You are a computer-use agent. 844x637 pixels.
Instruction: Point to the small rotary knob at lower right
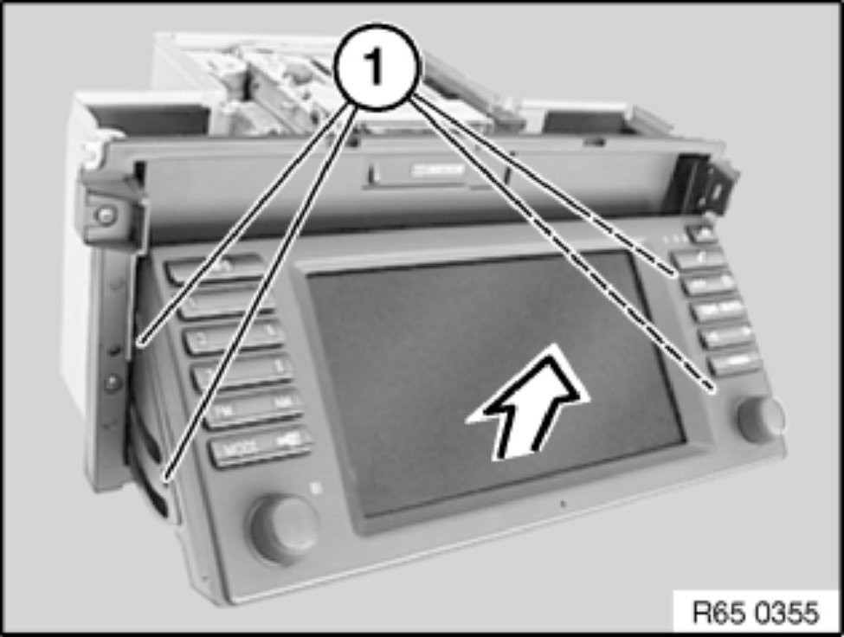(x=761, y=419)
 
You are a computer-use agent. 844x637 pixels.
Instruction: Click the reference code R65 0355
(x=756, y=614)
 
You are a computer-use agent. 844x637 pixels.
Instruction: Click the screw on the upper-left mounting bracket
(x=105, y=215)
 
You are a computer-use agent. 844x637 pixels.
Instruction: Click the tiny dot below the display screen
(x=563, y=502)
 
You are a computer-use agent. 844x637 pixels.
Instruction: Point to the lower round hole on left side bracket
(x=111, y=383)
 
